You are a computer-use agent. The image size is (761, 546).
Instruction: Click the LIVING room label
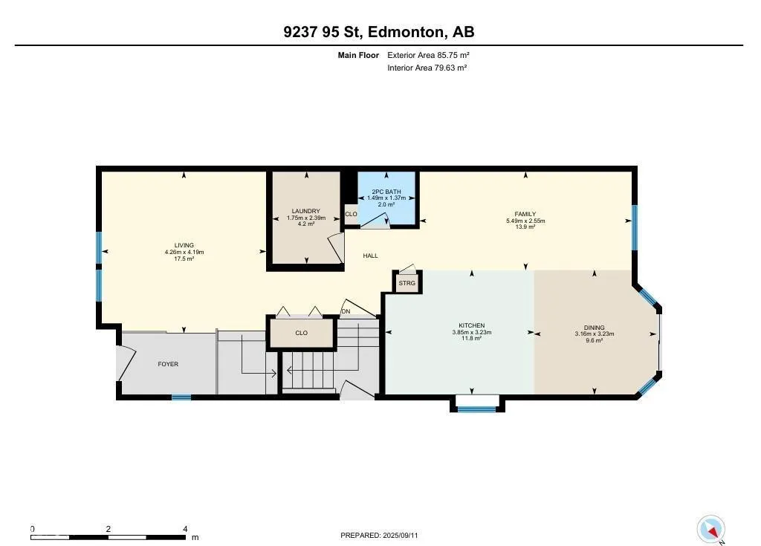(x=184, y=245)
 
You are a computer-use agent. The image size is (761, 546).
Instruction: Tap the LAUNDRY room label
(x=305, y=211)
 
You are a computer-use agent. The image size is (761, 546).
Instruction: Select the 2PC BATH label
(x=386, y=192)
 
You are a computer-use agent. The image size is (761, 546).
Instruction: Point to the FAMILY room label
(x=525, y=214)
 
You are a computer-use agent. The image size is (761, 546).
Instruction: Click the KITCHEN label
(x=472, y=325)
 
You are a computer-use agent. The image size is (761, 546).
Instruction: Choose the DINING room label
(x=594, y=328)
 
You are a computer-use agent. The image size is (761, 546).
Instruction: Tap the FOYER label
(x=168, y=364)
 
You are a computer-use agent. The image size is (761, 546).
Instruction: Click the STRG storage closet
(x=407, y=283)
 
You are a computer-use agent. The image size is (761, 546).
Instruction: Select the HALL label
(x=370, y=256)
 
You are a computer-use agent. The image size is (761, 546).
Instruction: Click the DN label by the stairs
(x=346, y=311)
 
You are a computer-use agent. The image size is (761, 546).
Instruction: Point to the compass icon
(x=711, y=529)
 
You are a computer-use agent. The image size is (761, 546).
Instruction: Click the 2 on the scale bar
(x=109, y=529)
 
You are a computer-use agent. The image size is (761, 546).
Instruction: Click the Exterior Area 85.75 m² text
(x=428, y=55)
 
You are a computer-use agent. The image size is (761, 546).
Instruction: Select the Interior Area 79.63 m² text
(x=427, y=68)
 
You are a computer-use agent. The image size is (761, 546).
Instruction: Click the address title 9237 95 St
(x=321, y=32)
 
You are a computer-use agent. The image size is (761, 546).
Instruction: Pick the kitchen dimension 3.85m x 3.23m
(x=472, y=333)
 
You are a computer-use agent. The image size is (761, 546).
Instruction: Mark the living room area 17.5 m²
(x=184, y=259)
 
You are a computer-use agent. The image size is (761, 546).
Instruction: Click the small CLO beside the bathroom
(x=351, y=214)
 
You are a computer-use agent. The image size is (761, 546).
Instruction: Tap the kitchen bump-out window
(x=478, y=409)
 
